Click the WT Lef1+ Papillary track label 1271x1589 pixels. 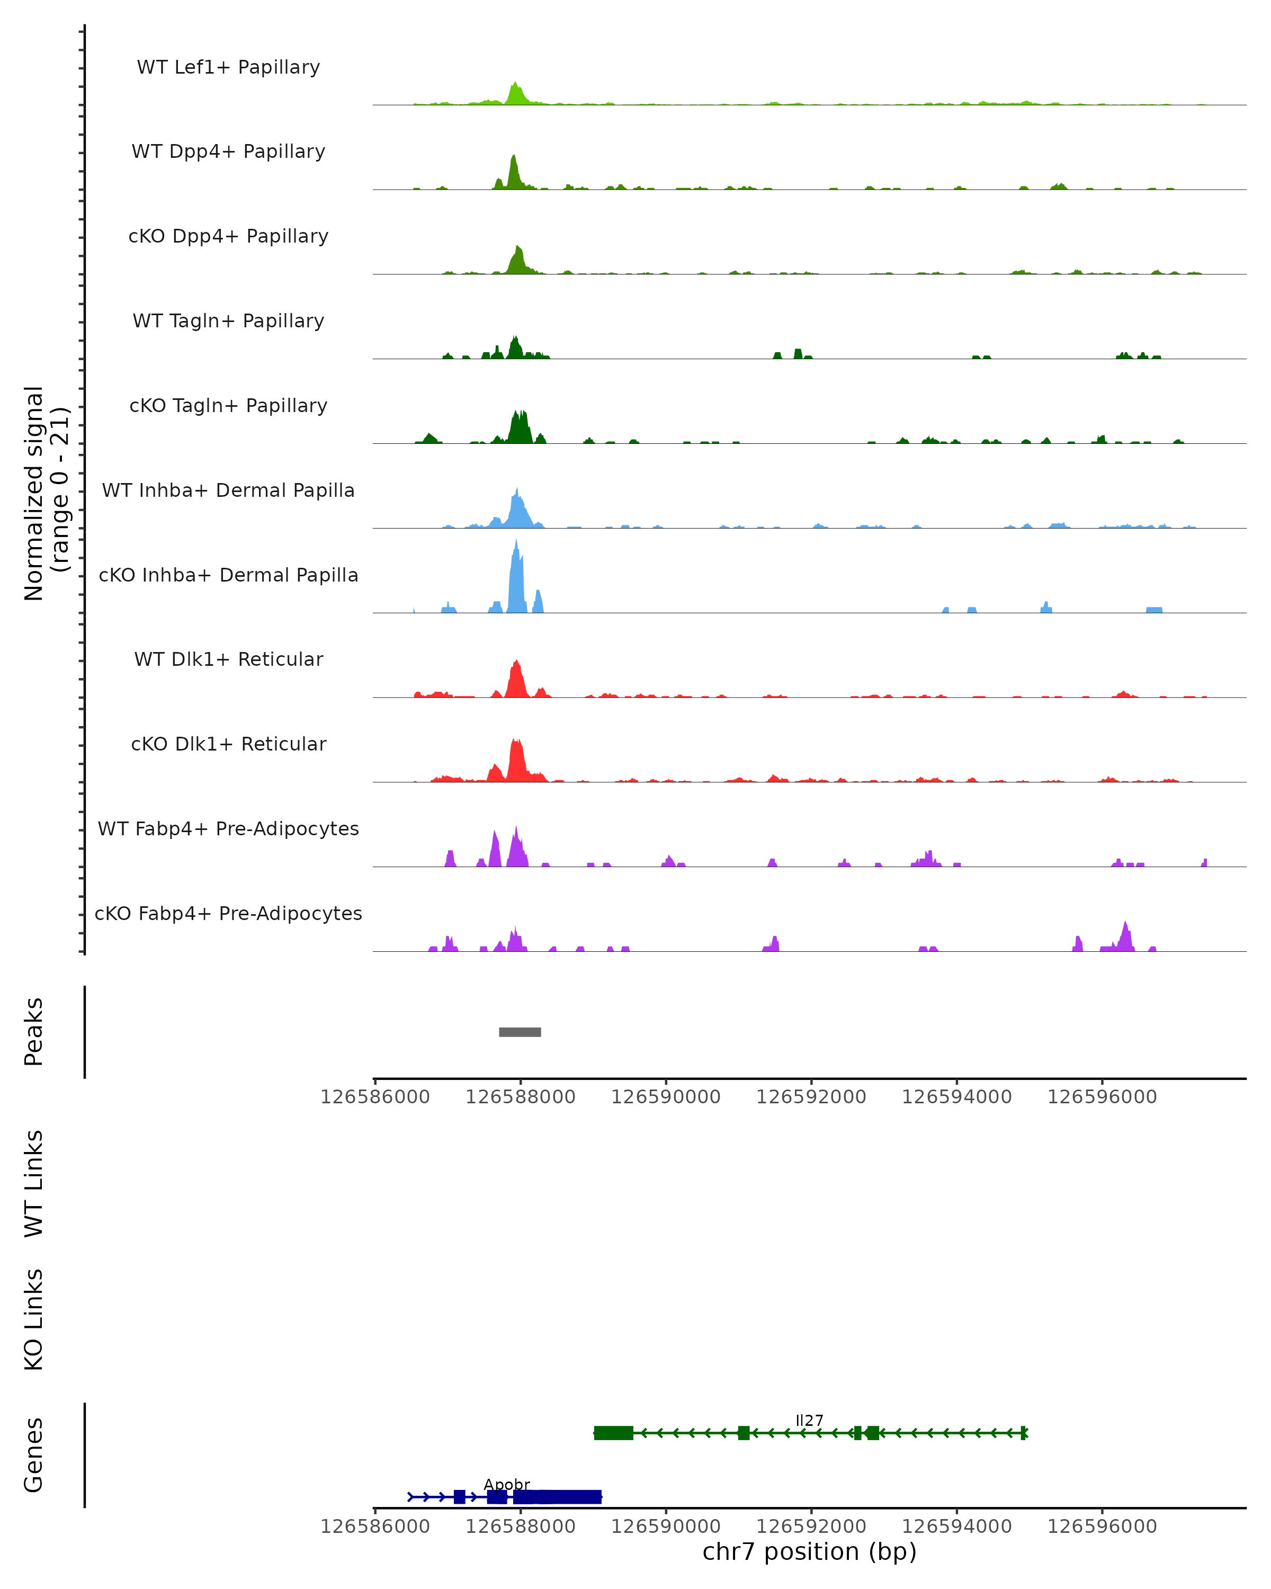228,67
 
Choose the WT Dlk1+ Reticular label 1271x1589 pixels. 228,659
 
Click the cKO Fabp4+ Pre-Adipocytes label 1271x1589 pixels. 228,913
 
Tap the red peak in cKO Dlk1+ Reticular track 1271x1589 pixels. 516,759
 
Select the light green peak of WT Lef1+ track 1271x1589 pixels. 516,94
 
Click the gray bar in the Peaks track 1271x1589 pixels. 520,1032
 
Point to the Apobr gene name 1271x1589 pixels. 507,1484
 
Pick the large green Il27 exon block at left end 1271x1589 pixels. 613,1433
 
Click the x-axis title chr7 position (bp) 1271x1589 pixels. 809,1551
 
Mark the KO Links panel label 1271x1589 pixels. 34,1319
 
